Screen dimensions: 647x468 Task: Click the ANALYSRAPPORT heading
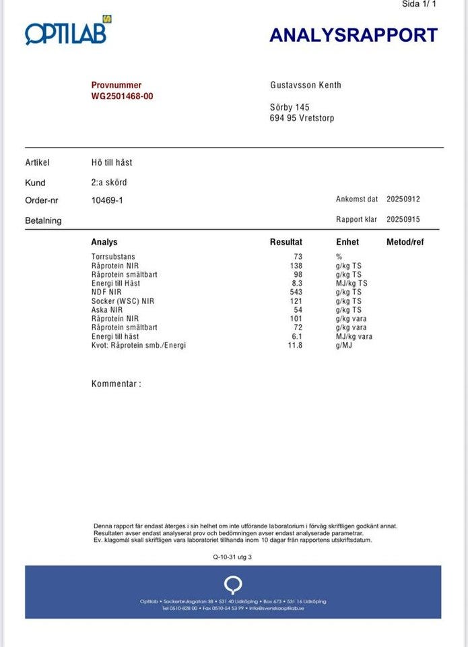354,35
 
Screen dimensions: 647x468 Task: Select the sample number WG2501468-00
122,96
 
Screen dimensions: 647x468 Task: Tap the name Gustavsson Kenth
305,85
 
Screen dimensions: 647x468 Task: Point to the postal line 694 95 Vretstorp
301,118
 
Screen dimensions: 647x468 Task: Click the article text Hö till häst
112,162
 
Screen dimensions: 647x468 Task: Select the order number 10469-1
107,200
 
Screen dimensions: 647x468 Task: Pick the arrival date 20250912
403,199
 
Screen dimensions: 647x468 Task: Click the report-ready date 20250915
403,220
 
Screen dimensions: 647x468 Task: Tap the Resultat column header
286,242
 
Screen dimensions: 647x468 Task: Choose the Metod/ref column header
405,242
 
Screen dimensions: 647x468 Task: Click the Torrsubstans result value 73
298,257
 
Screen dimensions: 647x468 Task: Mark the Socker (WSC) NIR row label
123,301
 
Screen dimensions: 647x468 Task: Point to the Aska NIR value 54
298,310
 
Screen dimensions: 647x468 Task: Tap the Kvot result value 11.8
295,345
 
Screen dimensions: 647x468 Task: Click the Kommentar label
116,384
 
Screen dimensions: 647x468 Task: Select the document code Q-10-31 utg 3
232,557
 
